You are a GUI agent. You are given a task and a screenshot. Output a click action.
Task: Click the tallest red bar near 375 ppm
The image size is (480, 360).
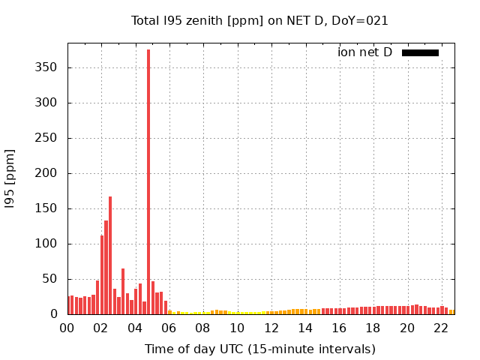[148, 180]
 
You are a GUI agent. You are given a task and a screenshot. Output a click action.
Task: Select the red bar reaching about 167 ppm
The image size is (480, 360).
[110, 255]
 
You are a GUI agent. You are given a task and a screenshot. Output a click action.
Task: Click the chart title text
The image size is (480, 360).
[259, 21]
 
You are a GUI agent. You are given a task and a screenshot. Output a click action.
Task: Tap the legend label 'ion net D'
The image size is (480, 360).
[364, 52]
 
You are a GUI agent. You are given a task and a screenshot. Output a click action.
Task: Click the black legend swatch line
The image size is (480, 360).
[420, 52]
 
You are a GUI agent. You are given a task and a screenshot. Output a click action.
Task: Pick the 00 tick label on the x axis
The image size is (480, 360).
[67, 328]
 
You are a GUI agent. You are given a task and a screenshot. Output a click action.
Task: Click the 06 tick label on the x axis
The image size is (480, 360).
[169, 328]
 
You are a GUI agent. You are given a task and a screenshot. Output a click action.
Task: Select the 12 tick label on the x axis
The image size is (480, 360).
[271, 328]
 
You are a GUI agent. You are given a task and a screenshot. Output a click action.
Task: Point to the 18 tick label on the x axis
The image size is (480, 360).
[373, 328]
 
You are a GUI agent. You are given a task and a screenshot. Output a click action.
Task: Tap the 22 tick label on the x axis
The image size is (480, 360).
[441, 328]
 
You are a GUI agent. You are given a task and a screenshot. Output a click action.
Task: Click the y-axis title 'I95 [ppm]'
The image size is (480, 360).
[10, 178]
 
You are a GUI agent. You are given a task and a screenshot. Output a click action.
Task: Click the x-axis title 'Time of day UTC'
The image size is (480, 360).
[259, 349]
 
